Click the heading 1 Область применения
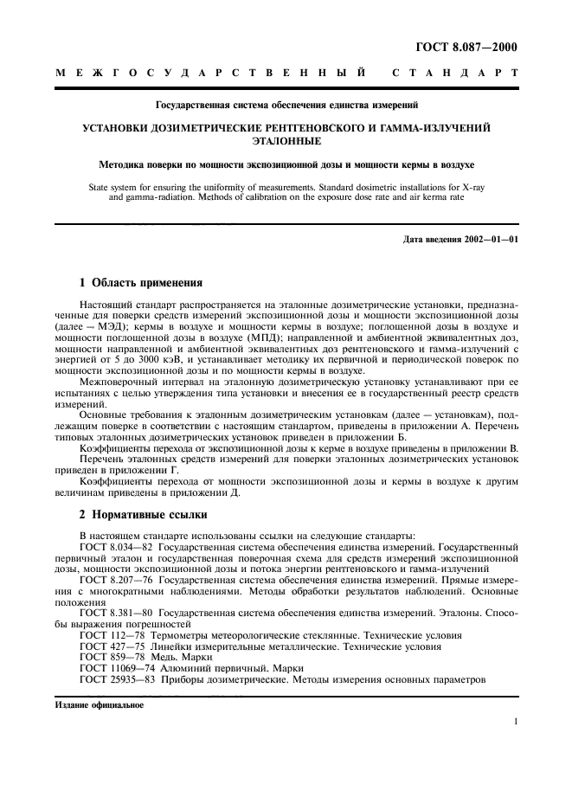pos(140,282)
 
